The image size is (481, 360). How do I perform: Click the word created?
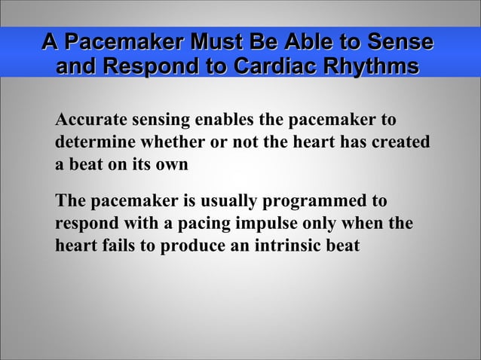tap(401, 142)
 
